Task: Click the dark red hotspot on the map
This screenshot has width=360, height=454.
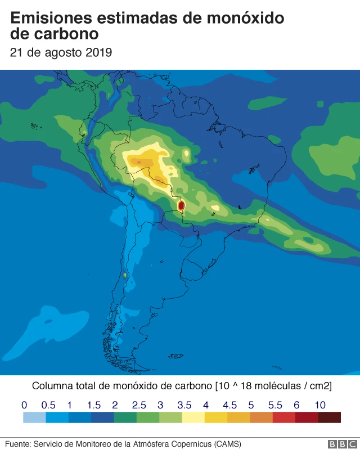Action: [181, 206]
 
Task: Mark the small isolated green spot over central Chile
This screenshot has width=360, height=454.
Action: [124, 276]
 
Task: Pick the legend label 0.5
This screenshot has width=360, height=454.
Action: [48, 405]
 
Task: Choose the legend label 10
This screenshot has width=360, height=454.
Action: [319, 405]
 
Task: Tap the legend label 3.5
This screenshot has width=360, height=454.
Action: [184, 405]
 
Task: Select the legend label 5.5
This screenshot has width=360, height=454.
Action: [275, 405]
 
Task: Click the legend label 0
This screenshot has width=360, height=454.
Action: [24, 405]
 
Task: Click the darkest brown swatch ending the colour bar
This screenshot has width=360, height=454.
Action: [329, 417]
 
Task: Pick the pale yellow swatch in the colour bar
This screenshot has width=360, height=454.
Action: [193, 417]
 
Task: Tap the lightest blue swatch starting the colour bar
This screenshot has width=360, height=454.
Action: [34, 417]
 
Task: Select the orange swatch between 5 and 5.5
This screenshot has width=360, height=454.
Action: [261, 417]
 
